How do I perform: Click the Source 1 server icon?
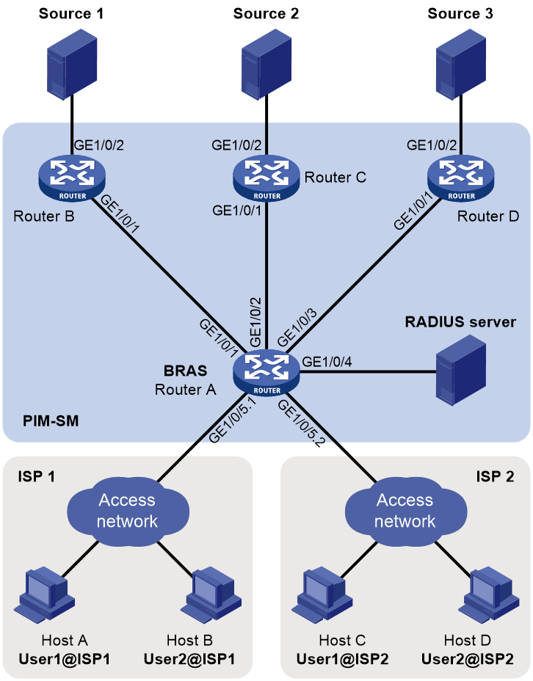coord(72,65)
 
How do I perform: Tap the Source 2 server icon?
coord(266,65)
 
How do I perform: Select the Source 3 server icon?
coord(461,65)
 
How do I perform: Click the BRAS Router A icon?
coord(266,372)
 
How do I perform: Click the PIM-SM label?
coord(51,420)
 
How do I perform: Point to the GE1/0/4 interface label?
coord(327,361)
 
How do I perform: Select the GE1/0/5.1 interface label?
coord(233,420)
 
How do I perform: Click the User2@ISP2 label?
coord(468,659)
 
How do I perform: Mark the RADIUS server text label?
coord(460,322)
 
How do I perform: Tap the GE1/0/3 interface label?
coord(297,328)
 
